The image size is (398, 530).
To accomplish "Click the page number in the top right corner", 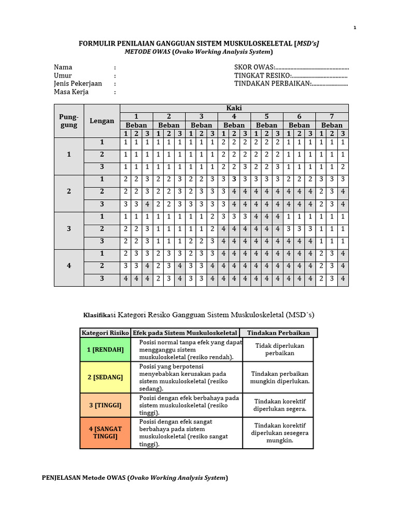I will click(355, 28).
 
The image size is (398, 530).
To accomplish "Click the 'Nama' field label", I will click(63, 67).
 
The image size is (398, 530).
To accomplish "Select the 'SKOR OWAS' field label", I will click(254, 67).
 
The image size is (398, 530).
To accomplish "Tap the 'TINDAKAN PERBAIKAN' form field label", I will click(272, 84).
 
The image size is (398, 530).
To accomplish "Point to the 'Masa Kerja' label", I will click(72, 92).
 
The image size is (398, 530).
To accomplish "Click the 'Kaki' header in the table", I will click(234, 108).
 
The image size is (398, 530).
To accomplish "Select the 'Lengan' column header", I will click(102, 121).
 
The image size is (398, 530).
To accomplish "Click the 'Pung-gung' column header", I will click(68, 121).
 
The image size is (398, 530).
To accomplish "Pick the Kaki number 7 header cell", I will click(332, 116).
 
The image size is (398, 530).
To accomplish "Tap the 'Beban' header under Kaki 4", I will click(234, 125).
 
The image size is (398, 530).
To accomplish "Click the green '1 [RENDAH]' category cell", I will click(105, 350).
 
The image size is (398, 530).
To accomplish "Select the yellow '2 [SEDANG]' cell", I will click(105, 377).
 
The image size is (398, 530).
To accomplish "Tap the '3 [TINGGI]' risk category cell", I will click(105, 405).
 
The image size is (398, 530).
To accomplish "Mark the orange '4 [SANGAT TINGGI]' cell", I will click(105, 433).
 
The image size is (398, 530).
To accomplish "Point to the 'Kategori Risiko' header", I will click(105, 333).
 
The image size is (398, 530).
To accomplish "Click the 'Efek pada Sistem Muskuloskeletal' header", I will click(185, 333).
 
